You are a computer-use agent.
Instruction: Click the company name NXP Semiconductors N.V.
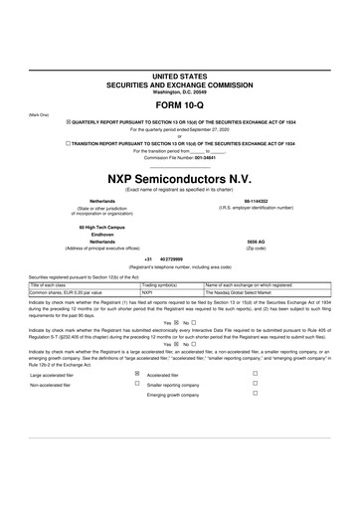coord(179,177)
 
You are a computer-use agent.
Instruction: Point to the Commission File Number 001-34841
coord(178,157)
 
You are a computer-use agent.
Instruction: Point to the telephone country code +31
coord(148,258)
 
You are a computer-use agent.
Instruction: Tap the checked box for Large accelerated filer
coord(136,374)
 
